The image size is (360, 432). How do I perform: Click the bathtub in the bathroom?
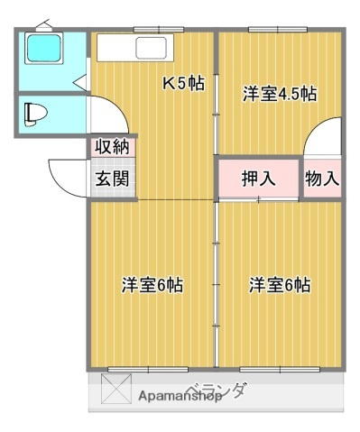click(x=42, y=49)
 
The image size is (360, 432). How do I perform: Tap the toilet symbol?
click(x=35, y=114)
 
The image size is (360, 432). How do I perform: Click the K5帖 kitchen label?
click(x=183, y=84)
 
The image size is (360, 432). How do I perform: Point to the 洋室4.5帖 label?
click(x=279, y=92)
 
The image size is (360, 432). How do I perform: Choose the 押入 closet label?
click(x=258, y=178)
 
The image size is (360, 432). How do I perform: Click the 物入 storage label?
click(x=322, y=178)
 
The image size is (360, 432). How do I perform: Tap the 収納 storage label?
click(x=113, y=147)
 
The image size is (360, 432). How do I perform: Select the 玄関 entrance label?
click(x=112, y=178)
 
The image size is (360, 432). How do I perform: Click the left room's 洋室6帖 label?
click(x=152, y=285)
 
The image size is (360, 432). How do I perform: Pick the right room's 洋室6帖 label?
click(x=280, y=285)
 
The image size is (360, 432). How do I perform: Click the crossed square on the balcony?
click(x=115, y=391)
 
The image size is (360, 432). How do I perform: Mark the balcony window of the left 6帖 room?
click(x=147, y=369)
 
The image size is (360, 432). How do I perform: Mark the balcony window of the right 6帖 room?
click(x=279, y=369)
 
